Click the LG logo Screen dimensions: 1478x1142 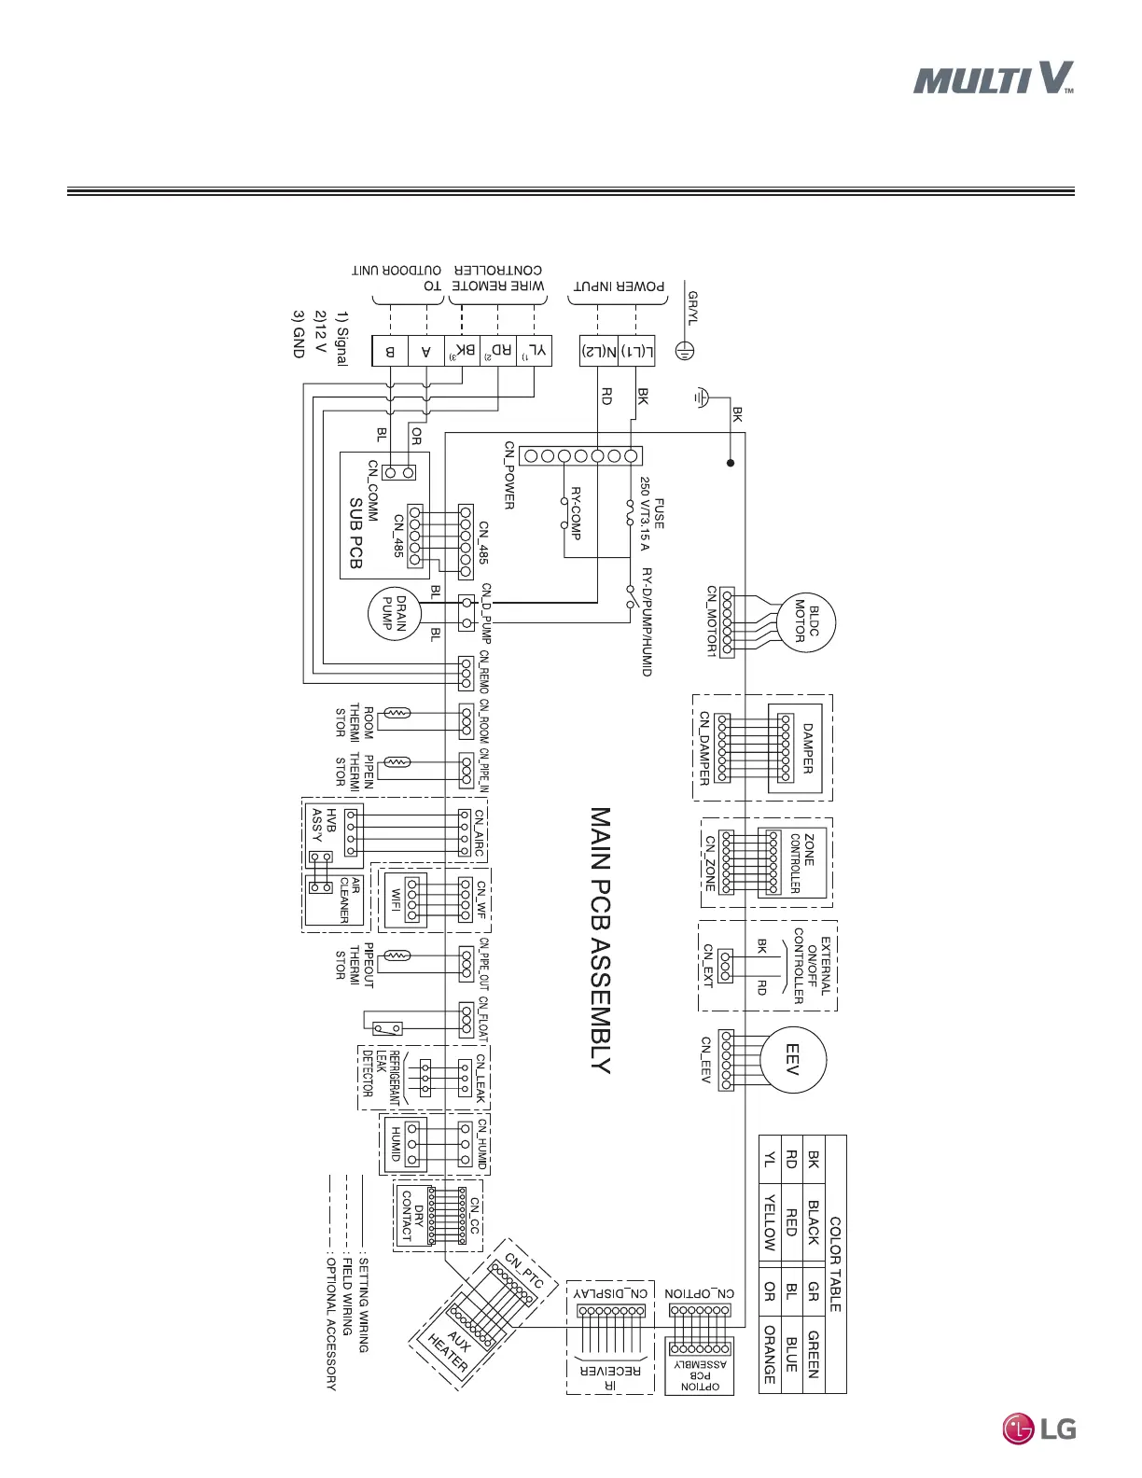(x=1038, y=1428)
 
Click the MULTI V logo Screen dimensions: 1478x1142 (x=993, y=78)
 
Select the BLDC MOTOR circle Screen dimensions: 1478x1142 (x=806, y=622)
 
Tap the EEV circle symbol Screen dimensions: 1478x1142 (x=792, y=1059)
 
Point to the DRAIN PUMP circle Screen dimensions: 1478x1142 (x=395, y=615)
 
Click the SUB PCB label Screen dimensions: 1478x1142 (x=355, y=533)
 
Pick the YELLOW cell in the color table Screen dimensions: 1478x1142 (x=769, y=1222)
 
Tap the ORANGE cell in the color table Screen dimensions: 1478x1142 (x=769, y=1354)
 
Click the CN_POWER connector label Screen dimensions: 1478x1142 (x=509, y=476)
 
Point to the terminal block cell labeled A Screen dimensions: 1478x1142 (x=426, y=352)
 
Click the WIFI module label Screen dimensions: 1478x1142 (x=396, y=900)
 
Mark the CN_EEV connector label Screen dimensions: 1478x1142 (x=706, y=1059)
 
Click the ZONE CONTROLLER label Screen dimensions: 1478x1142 (x=801, y=863)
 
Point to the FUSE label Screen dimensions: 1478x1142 (x=659, y=514)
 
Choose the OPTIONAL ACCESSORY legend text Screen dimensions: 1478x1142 (x=330, y=1324)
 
